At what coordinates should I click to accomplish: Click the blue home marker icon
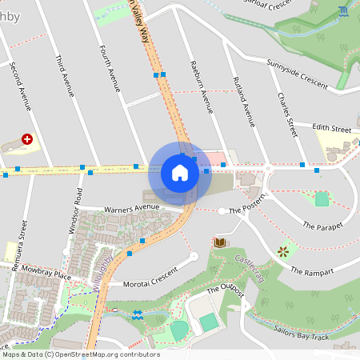[180, 172]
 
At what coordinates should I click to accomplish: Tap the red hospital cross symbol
[28, 138]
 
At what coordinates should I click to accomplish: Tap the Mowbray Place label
[46, 270]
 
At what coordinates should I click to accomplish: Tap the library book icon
[219, 242]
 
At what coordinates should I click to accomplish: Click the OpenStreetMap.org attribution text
[104, 354]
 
